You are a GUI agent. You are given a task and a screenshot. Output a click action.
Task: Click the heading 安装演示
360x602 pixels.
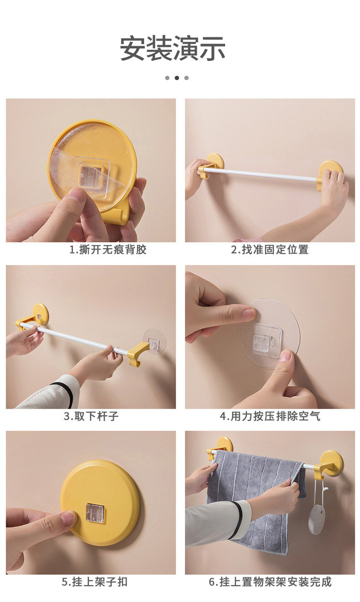[172, 48]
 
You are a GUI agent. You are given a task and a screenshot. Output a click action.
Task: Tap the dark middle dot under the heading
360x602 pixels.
[177, 78]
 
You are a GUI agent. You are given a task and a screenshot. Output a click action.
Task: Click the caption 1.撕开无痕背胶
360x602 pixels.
[108, 249]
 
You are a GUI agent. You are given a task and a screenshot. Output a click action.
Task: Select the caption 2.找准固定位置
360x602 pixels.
[270, 249]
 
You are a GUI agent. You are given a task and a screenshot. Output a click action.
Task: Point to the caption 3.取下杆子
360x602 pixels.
[91, 416]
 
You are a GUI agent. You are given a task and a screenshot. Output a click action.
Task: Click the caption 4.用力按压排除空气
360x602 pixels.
[270, 416]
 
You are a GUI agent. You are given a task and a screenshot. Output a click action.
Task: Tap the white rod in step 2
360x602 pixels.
[261, 175]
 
